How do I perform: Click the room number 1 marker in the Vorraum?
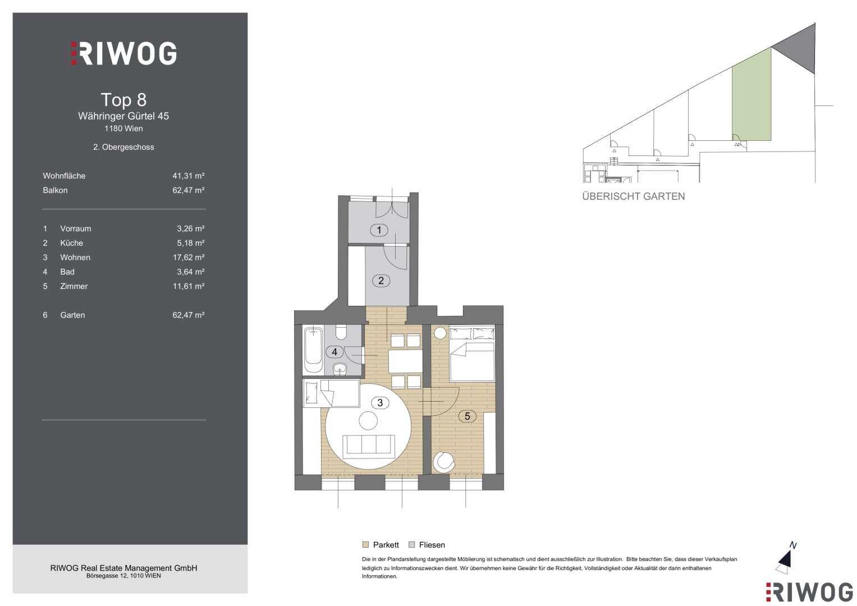tap(379, 230)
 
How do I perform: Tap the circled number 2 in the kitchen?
tap(381, 281)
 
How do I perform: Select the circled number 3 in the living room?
tap(380, 402)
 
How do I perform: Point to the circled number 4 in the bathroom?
tap(334, 352)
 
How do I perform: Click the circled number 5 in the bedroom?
tap(467, 416)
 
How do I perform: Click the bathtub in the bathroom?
tap(313, 350)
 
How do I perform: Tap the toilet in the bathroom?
tap(341, 332)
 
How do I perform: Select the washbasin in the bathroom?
tap(340, 369)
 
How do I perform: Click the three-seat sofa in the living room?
tap(368, 446)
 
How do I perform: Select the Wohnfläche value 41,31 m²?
tap(188, 176)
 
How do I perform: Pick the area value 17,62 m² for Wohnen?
tap(188, 258)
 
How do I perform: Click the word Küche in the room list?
tap(71, 243)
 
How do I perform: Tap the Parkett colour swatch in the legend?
tap(365, 544)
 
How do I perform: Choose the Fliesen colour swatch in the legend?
tap(412, 544)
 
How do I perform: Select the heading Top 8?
tap(123, 100)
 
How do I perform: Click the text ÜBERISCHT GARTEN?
tap(633, 196)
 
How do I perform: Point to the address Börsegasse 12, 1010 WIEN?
tap(123, 576)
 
